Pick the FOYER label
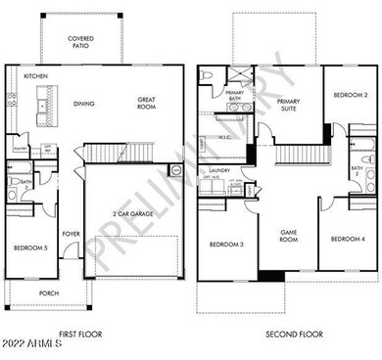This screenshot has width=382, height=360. (x=72, y=234)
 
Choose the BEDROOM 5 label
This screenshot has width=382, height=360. (x=30, y=249)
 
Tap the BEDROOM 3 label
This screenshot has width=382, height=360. (x=225, y=245)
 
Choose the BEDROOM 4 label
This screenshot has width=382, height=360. (x=347, y=240)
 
